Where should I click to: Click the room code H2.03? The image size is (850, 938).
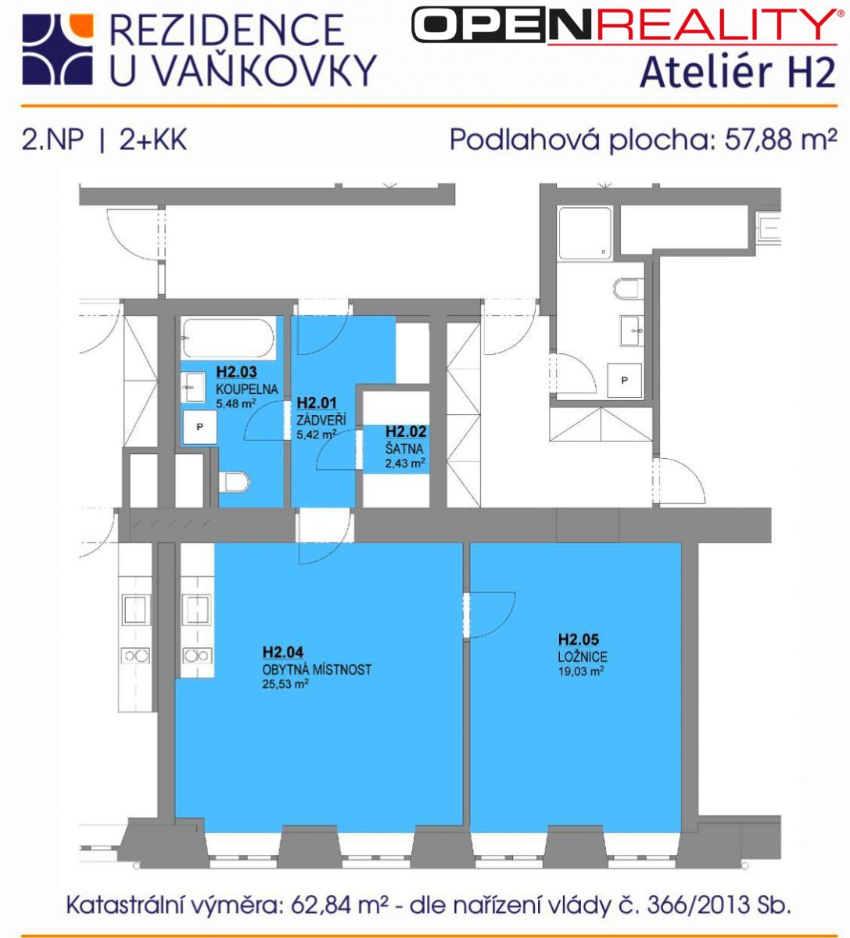(x=236, y=372)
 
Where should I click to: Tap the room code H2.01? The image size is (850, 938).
(x=317, y=403)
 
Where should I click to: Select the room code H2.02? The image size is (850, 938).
(x=406, y=431)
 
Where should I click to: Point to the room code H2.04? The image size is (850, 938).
(x=283, y=652)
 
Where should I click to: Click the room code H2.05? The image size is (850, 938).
(x=578, y=639)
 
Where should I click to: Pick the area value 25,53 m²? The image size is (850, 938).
(x=285, y=684)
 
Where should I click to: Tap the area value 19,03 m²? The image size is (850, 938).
(x=580, y=671)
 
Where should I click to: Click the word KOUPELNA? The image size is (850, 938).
(x=246, y=388)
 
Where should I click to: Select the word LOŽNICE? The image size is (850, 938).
(x=582, y=656)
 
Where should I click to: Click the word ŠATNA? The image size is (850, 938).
(x=404, y=449)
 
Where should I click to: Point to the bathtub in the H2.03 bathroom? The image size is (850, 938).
(x=228, y=338)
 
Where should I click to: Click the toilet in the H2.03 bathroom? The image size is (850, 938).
(x=234, y=482)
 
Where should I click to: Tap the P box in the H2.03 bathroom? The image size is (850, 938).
(x=199, y=427)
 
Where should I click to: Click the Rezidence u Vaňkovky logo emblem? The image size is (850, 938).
(x=58, y=49)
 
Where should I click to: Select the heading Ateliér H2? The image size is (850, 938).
(x=737, y=73)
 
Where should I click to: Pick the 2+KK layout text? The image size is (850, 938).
(x=153, y=139)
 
